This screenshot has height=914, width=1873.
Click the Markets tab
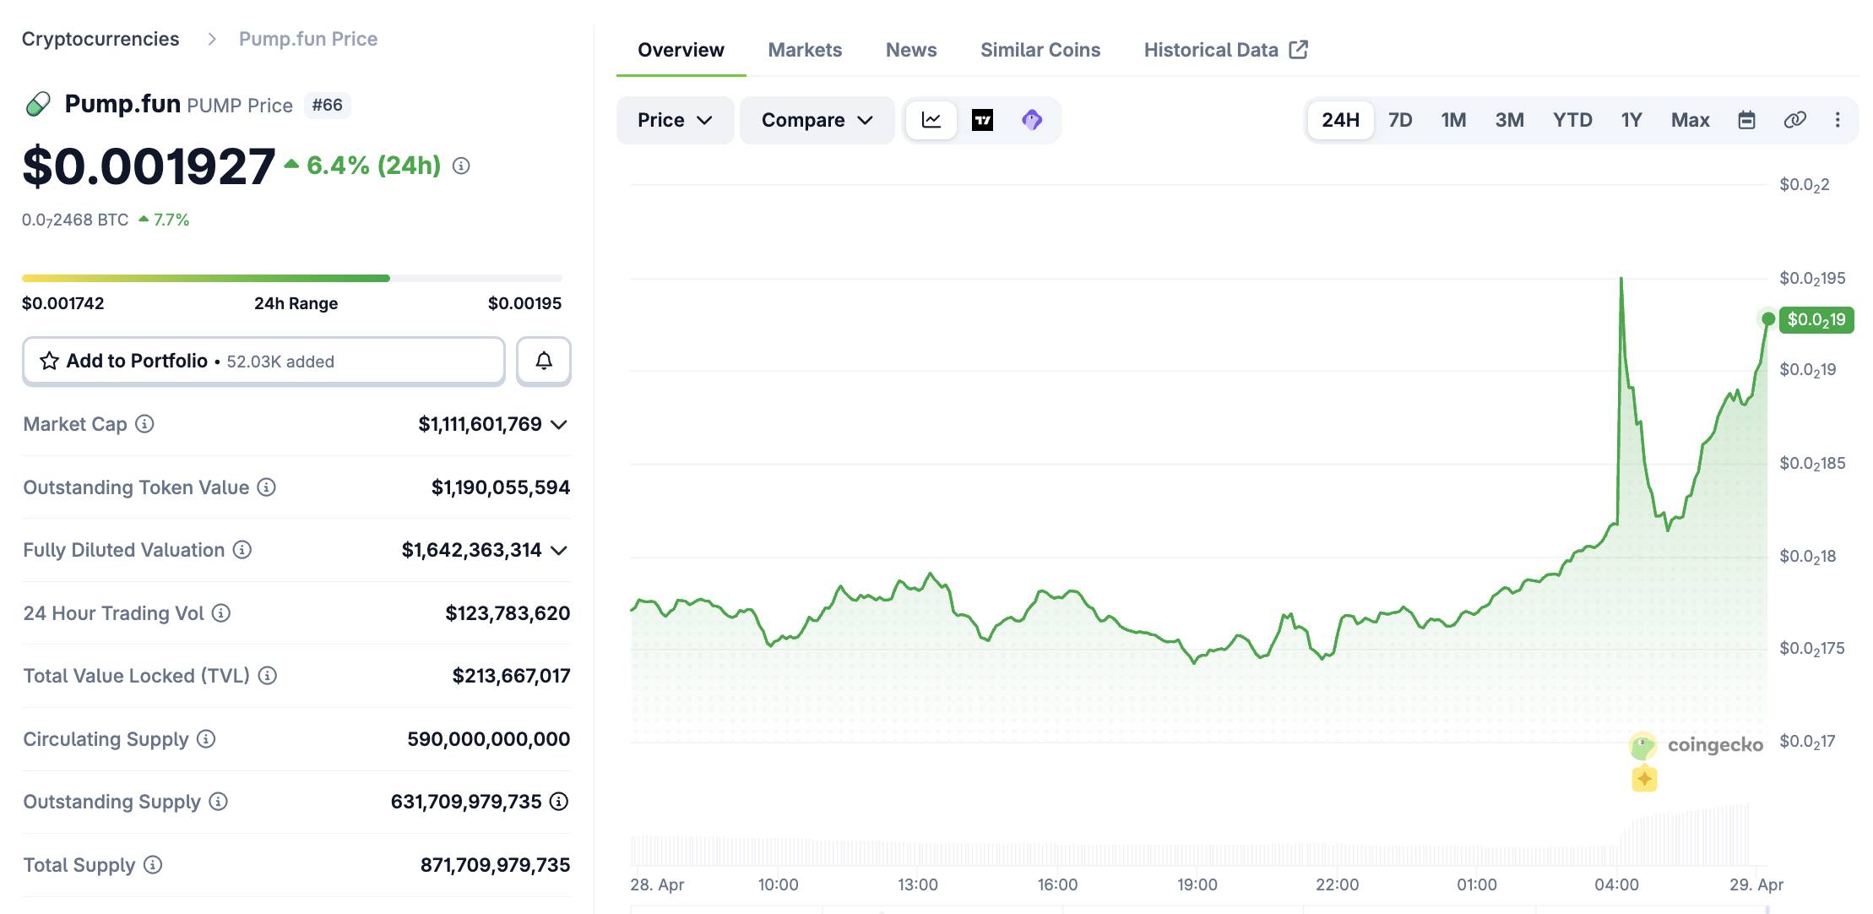(x=804, y=50)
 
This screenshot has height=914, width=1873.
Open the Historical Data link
(x=1224, y=50)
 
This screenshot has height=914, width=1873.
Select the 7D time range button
(x=1399, y=120)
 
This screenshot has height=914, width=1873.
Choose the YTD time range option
(x=1572, y=120)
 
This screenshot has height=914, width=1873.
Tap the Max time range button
(x=1689, y=120)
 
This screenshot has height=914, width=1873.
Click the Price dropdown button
(x=674, y=120)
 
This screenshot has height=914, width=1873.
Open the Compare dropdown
(x=816, y=120)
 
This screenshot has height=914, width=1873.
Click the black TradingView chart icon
(x=982, y=120)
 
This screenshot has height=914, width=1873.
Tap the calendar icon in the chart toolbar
(x=1746, y=120)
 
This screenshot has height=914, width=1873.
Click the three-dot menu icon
(x=1837, y=120)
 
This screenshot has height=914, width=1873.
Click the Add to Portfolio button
(x=263, y=362)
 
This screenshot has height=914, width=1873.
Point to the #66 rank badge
(x=327, y=105)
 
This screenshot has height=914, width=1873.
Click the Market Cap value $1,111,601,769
(x=480, y=424)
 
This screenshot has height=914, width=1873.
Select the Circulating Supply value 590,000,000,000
(x=488, y=739)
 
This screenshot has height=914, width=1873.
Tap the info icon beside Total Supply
(x=153, y=865)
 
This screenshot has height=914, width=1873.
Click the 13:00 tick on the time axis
(x=917, y=884)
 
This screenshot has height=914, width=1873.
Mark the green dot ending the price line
(x=1767, y=318)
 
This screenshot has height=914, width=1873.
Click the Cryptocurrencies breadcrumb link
(x=100, y=39)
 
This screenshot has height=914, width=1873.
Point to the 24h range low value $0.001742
(x=63, y=303)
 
